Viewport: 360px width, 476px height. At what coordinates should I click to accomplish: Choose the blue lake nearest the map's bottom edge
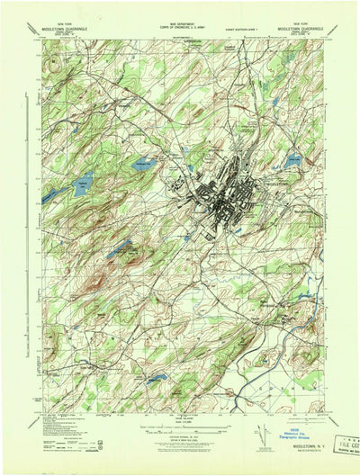tap(157, 379)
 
